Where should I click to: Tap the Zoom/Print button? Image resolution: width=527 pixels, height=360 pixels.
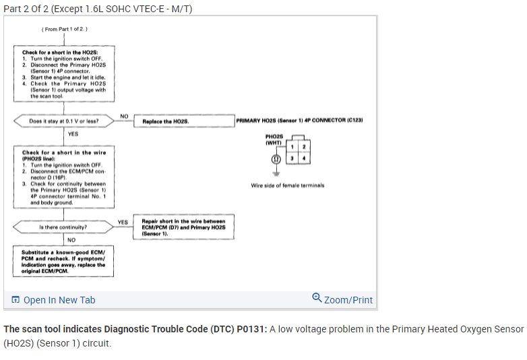click(342, 300)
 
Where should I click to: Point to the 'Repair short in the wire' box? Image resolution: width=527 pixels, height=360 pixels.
click(184, 227)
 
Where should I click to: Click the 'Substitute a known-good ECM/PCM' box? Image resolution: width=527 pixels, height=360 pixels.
click(63, 261)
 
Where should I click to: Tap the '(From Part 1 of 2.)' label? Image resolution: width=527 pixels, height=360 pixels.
click(65, 30)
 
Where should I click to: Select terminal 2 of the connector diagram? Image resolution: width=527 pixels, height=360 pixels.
click(304, 148)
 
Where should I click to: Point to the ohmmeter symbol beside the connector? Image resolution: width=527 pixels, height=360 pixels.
click(275, 160)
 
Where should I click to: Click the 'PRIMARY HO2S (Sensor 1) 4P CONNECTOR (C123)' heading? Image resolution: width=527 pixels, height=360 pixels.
click(300, 119)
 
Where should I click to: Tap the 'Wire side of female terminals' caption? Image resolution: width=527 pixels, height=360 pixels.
click(288, 185)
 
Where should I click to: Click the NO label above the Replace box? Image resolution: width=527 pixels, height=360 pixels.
click(124, 116)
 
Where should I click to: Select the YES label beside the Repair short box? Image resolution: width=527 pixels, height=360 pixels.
click(123, 222)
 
